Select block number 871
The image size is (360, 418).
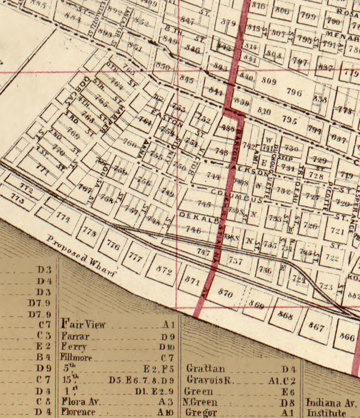click(x=193, y=281)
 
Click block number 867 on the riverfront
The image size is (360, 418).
click(x=317, y=326)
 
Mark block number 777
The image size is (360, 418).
click(x=136, y=257)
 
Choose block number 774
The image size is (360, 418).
click(x=63, y=217)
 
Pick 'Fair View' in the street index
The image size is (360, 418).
click(x=84, y=324)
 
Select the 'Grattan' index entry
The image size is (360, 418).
click(x=205, y=368)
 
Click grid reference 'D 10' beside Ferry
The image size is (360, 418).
click(x=167, y=347)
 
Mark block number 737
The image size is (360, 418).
click(x=236, y=261)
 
